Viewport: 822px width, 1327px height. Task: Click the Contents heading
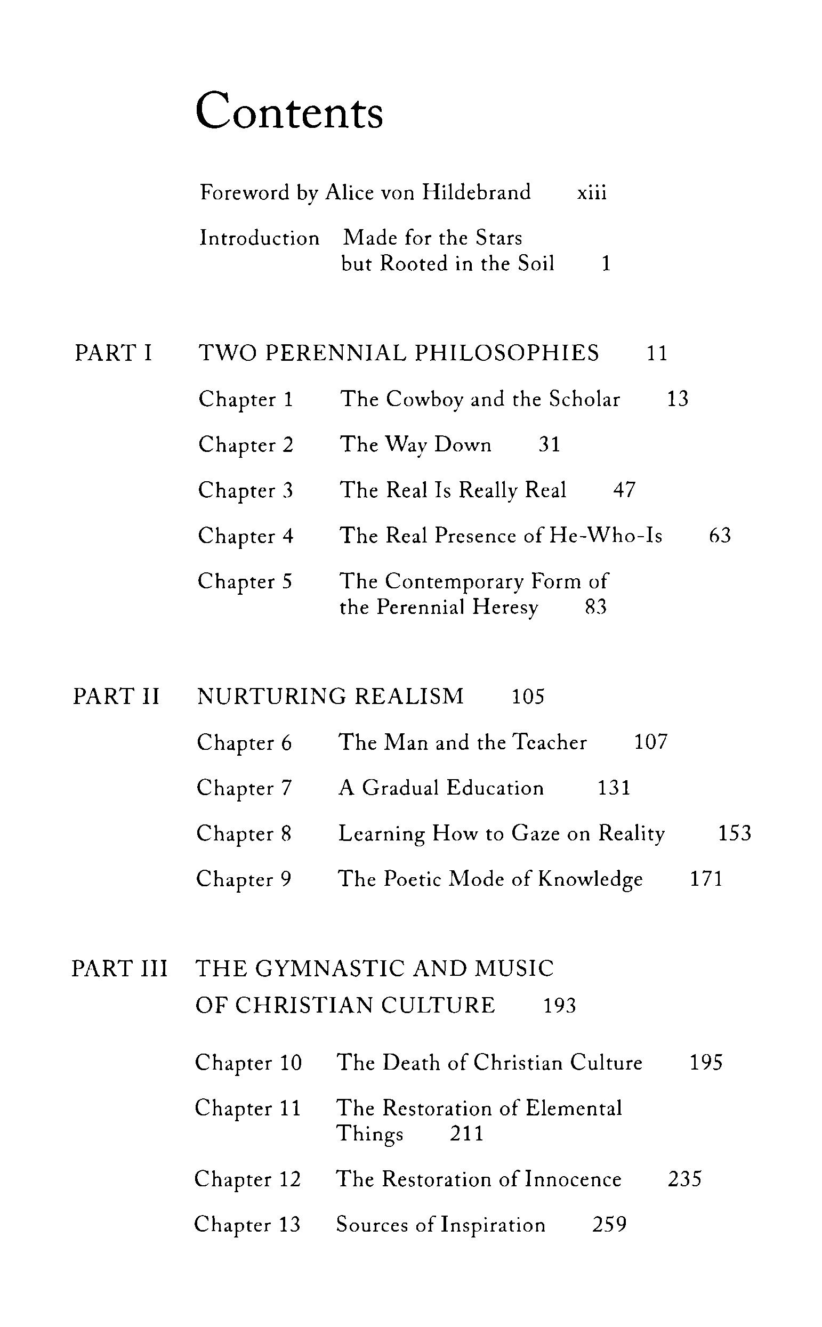(289, 111)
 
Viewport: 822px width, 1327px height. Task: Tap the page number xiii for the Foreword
(592, 192)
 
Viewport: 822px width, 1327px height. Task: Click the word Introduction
(259, 238)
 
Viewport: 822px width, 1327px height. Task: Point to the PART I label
(113, 353)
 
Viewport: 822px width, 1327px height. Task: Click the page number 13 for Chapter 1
(678, 399)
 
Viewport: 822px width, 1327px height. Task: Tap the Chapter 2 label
(246, 445)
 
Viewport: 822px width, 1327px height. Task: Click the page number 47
(624, 490)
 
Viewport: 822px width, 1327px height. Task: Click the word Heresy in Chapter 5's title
(505, 607)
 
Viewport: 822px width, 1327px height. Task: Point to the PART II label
(116, 697)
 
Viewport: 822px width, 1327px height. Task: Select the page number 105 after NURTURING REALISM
(528, 697)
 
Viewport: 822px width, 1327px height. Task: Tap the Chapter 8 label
(244, 834)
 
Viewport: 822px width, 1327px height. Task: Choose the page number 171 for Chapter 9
(706, 879)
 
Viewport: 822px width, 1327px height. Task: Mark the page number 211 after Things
(466, 1134)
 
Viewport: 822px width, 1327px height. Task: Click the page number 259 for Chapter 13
(609, 1225)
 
